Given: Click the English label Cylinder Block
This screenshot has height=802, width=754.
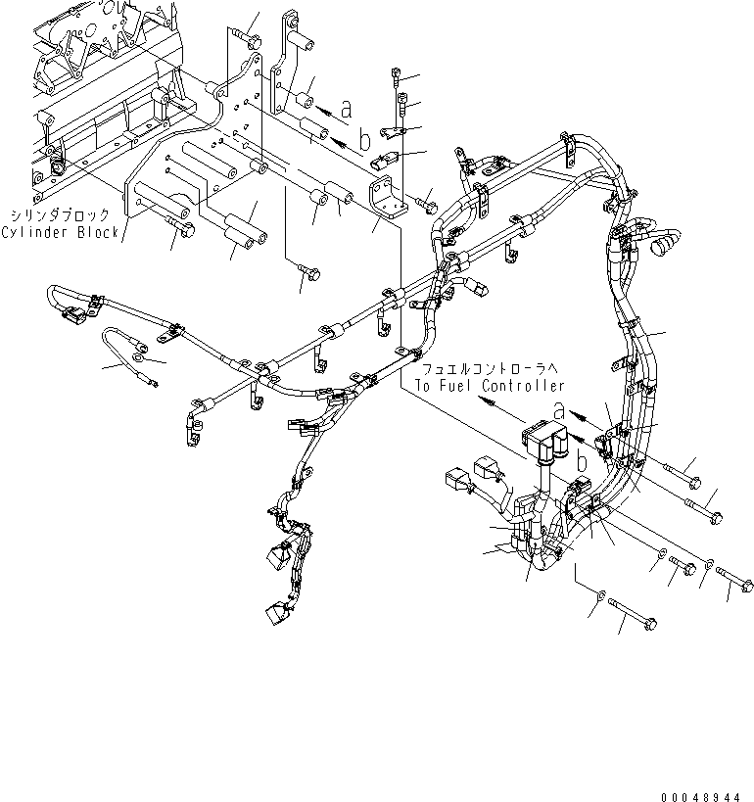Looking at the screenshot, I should point(60,232).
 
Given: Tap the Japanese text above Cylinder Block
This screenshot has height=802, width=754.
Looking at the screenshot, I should point(61,214).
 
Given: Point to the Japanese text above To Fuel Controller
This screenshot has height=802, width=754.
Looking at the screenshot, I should point(487,368).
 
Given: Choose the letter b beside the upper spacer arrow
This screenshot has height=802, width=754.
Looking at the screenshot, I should point(365,140).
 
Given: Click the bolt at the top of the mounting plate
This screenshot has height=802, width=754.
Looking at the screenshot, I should point(249,38).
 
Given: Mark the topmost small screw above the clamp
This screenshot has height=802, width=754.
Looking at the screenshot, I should point(394,72).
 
